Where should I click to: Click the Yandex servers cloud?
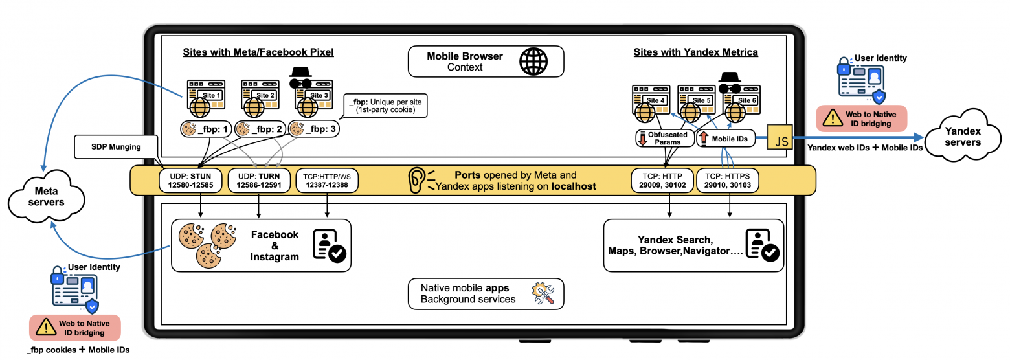tap(963, 137)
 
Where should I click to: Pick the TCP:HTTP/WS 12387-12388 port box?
tap(326, 179)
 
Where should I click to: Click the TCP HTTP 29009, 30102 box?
tap(661, 179)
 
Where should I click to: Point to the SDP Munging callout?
tap(117, 147)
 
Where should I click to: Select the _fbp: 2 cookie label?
tap(260, 129)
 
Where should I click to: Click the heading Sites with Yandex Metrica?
tap(695, 52)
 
